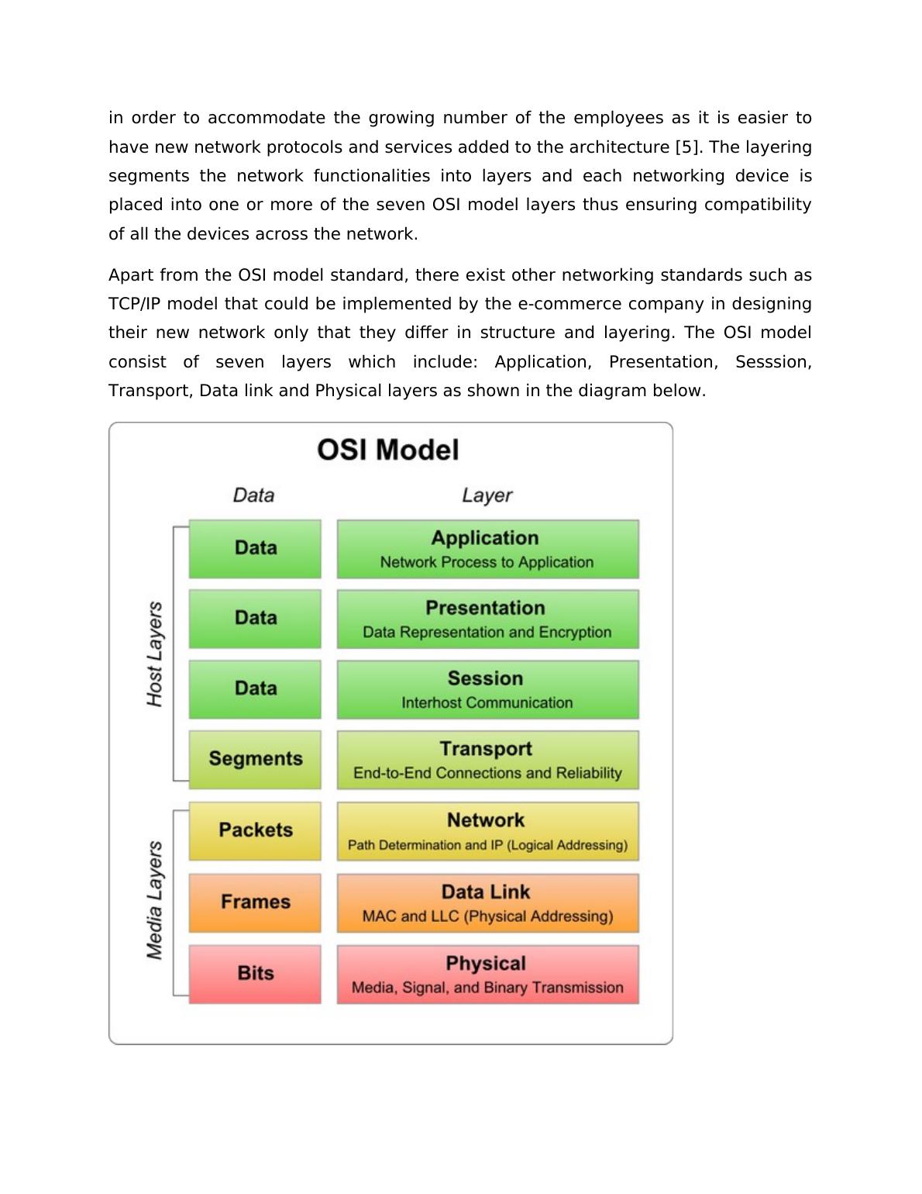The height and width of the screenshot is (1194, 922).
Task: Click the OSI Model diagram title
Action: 388,450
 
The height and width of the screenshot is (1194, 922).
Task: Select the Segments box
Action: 255,759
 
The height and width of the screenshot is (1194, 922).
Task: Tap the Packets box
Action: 255,830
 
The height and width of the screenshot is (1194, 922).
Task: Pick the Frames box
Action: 255,902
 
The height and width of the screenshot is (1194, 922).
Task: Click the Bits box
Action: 255,974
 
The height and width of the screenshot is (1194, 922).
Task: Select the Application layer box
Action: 487,549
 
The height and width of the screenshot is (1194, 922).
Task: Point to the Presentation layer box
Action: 487,619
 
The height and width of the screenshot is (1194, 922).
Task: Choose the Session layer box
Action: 487,689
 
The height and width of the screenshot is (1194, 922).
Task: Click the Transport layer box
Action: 487,760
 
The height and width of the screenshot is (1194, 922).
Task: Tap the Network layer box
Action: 487,831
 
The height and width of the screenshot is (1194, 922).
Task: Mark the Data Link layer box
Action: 487,902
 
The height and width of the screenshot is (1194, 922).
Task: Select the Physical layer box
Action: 487,974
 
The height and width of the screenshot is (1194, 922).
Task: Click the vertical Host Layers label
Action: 155,654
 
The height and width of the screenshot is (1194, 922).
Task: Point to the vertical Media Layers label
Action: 155,900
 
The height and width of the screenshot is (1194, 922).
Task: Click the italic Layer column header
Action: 487,495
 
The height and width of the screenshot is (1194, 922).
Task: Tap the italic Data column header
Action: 253,495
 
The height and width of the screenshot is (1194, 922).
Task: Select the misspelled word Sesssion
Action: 772,362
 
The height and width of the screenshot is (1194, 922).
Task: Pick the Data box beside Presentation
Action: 255,619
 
